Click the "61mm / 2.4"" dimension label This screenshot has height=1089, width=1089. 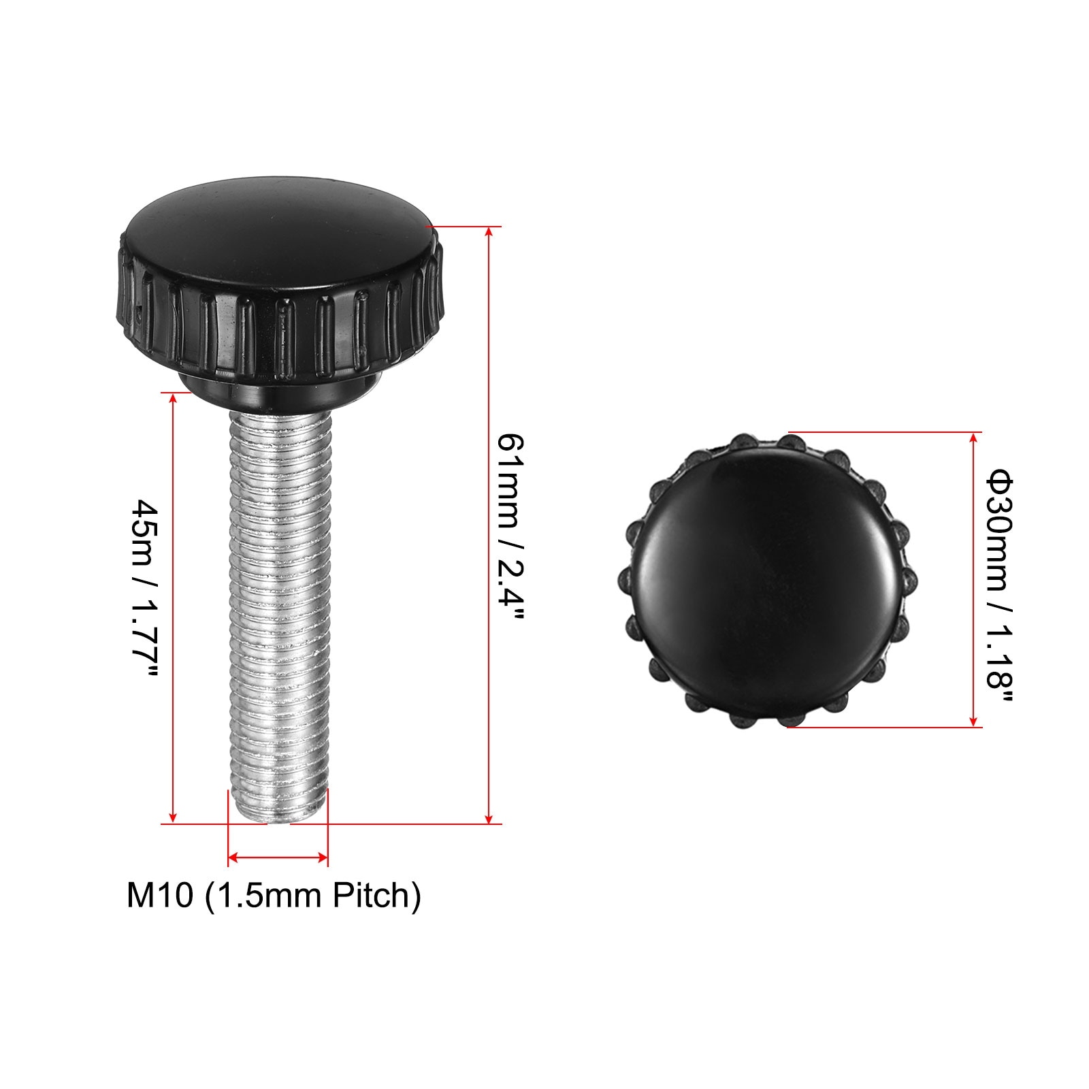[x=511, y=527]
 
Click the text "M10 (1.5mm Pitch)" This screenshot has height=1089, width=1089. [x=274, y=895]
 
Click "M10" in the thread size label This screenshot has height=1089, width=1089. [x=160, y=895]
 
